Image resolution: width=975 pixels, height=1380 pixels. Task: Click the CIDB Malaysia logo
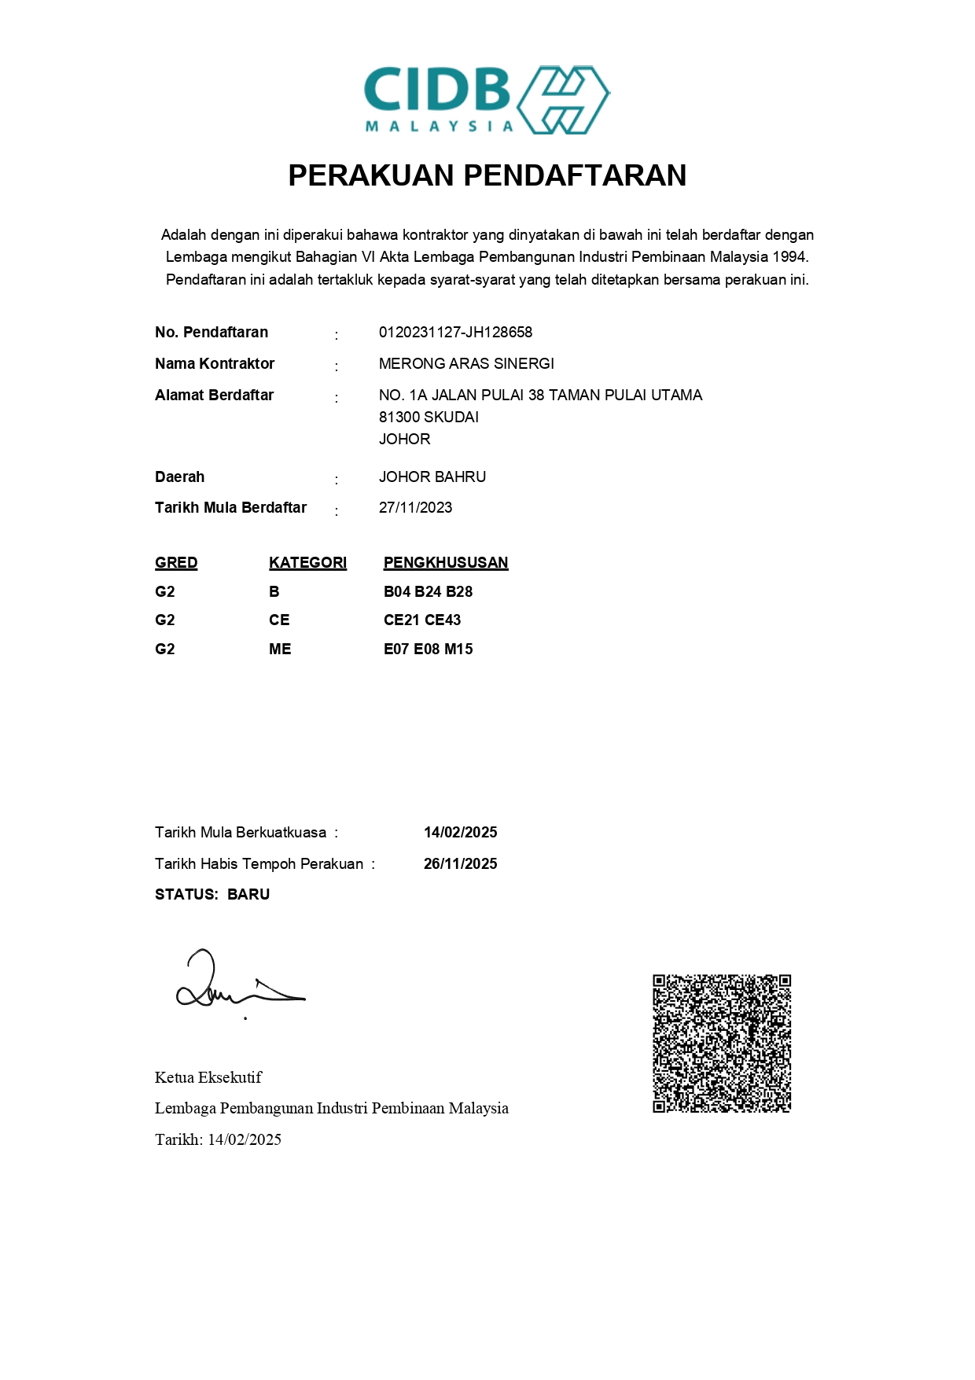tap(487, 100)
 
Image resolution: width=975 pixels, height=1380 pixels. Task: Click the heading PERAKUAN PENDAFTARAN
tap(487, 175)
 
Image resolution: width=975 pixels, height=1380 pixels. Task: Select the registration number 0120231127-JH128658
tap(455, 333)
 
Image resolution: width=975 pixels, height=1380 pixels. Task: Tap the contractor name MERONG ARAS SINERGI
tap(466, 364)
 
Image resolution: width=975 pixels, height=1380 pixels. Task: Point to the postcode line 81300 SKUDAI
tap(429, 418)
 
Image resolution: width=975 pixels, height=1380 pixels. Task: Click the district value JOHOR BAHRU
tap(432, 477)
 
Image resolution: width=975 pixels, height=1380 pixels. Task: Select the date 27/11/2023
tap(415, 508)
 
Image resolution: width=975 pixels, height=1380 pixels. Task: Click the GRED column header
tap(176, 563)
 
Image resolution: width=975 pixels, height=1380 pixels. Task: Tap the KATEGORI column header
tap(307, 563)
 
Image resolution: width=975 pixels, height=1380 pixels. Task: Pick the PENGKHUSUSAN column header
tap(446, 563)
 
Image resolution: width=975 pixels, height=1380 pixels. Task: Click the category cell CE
tap(279, 620)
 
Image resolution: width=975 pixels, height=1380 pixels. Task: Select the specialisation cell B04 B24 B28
tap(428, 592)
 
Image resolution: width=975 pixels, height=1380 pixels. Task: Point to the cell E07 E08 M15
tap(428, 650)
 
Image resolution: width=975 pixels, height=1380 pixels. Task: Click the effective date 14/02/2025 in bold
tap(460, 833)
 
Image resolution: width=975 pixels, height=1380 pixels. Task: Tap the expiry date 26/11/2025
tap(460, 864)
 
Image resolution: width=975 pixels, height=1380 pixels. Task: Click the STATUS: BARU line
tap(212, 895)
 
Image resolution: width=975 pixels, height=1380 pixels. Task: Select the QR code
tap(721, 1043)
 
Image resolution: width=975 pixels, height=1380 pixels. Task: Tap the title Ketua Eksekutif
tap(208, 1078)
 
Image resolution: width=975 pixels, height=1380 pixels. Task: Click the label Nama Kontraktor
tap(215, 364)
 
